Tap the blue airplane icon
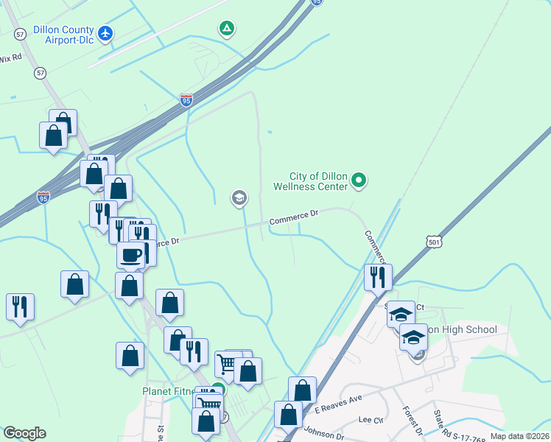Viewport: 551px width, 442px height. pos(106,33)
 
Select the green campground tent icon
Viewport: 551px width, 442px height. pos(227,29)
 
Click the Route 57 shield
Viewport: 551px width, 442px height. pos(40,74)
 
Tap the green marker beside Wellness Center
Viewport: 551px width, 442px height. pos(359,179)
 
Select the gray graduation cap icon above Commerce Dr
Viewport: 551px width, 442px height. pos(239,197)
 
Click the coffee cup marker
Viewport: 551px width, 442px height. pos(130,256)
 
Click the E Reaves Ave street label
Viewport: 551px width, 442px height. pos(339,404)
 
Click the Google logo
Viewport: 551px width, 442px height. pos(24,433)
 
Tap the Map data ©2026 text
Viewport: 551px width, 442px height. pos(519,436)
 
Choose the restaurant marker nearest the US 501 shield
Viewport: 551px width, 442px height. pos(378,278)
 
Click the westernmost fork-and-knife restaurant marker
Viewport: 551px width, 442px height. pos(20,306)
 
